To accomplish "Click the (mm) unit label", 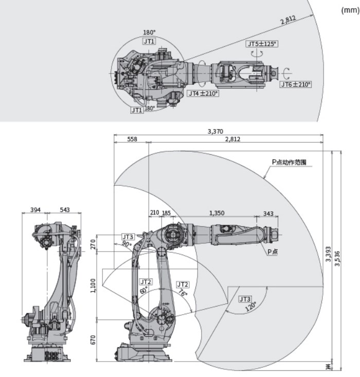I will pyautogui.click(x=350, y=10).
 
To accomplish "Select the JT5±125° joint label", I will pyautogui.click(x=262, y=44).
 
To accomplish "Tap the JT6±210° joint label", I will pyautogui.click(x=296, y=84).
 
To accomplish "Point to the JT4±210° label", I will pyautogui.click(x=203, y=94).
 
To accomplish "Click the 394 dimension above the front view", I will pyautogui.click(x=35, y=210).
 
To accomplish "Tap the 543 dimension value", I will pyautogui.click(x=65, y=210).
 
